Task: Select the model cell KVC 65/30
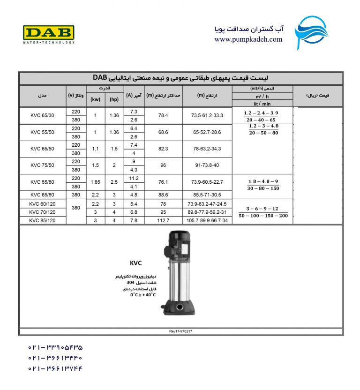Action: pyautogui.click(x=42, y=115)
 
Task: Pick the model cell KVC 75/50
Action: pyautogui.click(x=42, y=165)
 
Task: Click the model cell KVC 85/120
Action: pyautogui.click(x=42, y=219)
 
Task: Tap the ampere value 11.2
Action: pyautogui.click(x=134, y=178)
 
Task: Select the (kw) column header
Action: pyautogui.click(x=95, y=99)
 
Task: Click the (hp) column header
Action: pyautogui.click(x=114, y=99)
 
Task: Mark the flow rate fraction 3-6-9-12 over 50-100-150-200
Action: pyautogui.click(x=263, y=212)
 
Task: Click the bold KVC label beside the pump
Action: pyautogui.click(x=136, y=263)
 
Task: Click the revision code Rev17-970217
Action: pyautogui.click(x=180, y=331)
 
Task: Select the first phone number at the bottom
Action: pyautogui.click(x=55, y=348)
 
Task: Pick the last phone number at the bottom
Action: pyautogui.click(x=55, y=368)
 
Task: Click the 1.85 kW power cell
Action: pyautogui.click(x=95, y=182)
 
